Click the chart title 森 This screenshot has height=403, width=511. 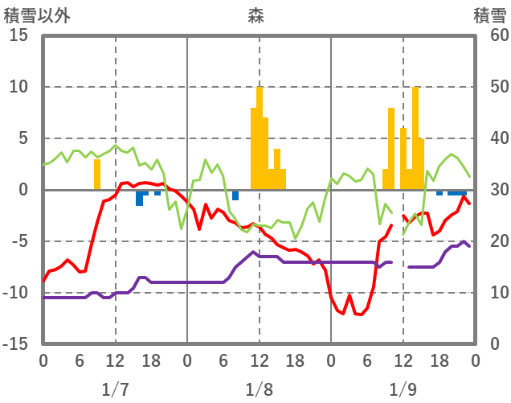pyautogui.click(x=257, y=14)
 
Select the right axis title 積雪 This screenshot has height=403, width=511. pyautogui.click(x=489, y=14)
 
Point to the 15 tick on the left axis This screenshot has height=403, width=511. pyautogui.click(x=18, y=36)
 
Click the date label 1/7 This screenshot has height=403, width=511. pyautogui.click(x=115, y=389)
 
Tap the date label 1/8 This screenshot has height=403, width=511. pyautogui.click(x=259, y=389)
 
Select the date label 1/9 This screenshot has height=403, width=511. pyautogui.click(x=403, y=389)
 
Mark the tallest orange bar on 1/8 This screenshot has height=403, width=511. pyautogui.click(x=260, y=138)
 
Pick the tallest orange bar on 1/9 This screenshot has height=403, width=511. pyautogui.click(x=415, y=138)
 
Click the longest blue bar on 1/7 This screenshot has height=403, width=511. pyautogui.click(x=139, y=197)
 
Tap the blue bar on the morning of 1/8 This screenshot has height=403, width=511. pyautogui.click(x=235, y=195)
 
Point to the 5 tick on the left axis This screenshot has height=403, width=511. pyautogui.click(x=22, y=138)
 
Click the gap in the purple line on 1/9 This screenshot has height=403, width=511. pyautogui.click(x=400, y=264)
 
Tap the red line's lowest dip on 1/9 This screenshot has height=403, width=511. pyautogui.click(x=358, y=314)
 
